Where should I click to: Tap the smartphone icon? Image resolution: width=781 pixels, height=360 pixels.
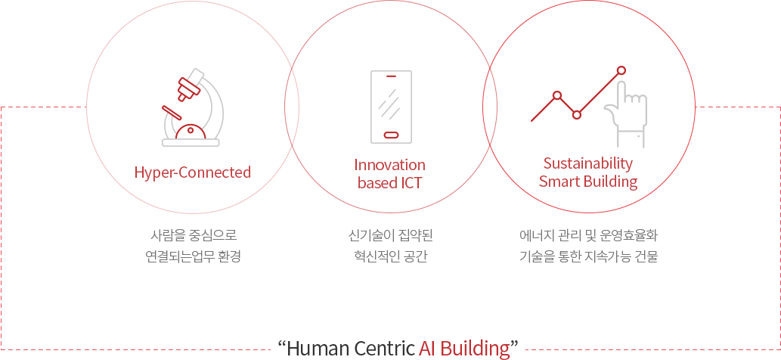coord(391,107)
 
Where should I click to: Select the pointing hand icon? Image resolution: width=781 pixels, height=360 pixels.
coord(625,114)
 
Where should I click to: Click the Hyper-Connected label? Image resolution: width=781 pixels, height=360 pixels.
coord(193,172)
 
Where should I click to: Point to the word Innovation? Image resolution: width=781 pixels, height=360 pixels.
coord(390,164)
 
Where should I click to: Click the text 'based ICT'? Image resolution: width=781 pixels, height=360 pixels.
coord(390,183)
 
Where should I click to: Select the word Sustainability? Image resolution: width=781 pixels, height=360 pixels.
coord(588,163)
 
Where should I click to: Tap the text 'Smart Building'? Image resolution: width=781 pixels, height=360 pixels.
coord(588,182)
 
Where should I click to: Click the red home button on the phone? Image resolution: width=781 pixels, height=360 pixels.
coord(391,135)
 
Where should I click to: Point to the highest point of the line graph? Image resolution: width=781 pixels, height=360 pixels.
coord(621,70)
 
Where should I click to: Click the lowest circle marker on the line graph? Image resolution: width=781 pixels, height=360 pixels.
coord(577,114)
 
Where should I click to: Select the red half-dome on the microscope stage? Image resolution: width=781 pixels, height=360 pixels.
coord(191,131)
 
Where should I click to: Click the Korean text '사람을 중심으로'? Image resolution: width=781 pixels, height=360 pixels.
coord(193,234)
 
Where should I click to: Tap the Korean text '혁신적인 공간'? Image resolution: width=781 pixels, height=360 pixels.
coord(390,257)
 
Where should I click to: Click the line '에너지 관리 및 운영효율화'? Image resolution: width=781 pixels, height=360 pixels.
coord(589,234)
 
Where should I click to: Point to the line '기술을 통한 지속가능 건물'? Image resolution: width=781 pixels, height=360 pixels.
coord(589,257)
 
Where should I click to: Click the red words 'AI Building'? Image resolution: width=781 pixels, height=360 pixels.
coord(465,348)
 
